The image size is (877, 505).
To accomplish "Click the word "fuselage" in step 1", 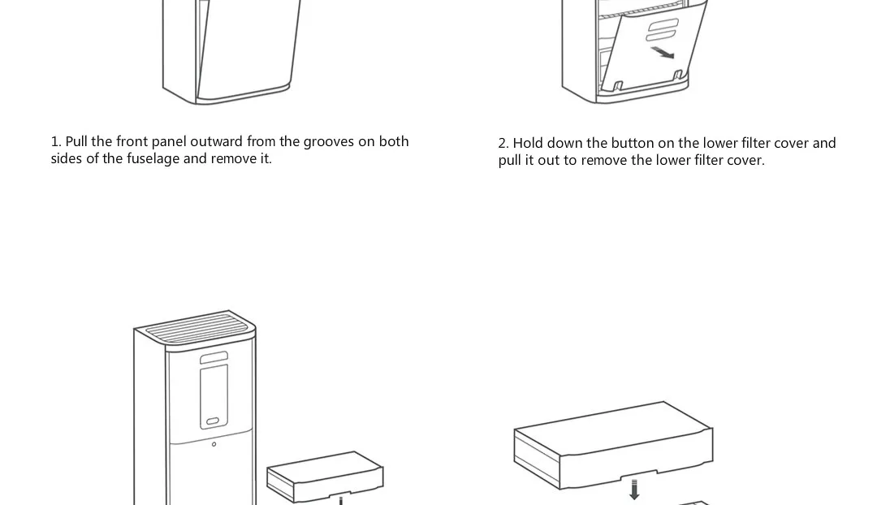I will (153, 159).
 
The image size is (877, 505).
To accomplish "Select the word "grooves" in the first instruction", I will (329, 142).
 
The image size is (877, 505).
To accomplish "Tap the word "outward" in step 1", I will (217, 142).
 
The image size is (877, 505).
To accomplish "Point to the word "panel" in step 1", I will (169, 142).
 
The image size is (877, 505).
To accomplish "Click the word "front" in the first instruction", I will (132, 142).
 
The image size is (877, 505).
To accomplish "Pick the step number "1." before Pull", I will (56, 142).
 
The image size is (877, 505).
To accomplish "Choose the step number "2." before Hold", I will (503, 144).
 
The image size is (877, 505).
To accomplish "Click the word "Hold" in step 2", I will (528, 144).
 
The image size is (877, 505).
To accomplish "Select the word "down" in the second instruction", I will (565, 144).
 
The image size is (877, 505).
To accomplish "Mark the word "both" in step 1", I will (394, 142).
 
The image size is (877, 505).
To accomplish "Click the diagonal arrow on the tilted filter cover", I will (663, 53).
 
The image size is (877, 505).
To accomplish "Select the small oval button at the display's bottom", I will (213, 422).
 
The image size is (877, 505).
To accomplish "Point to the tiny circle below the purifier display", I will (214, 444).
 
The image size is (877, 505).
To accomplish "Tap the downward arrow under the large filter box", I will (634, 490).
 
